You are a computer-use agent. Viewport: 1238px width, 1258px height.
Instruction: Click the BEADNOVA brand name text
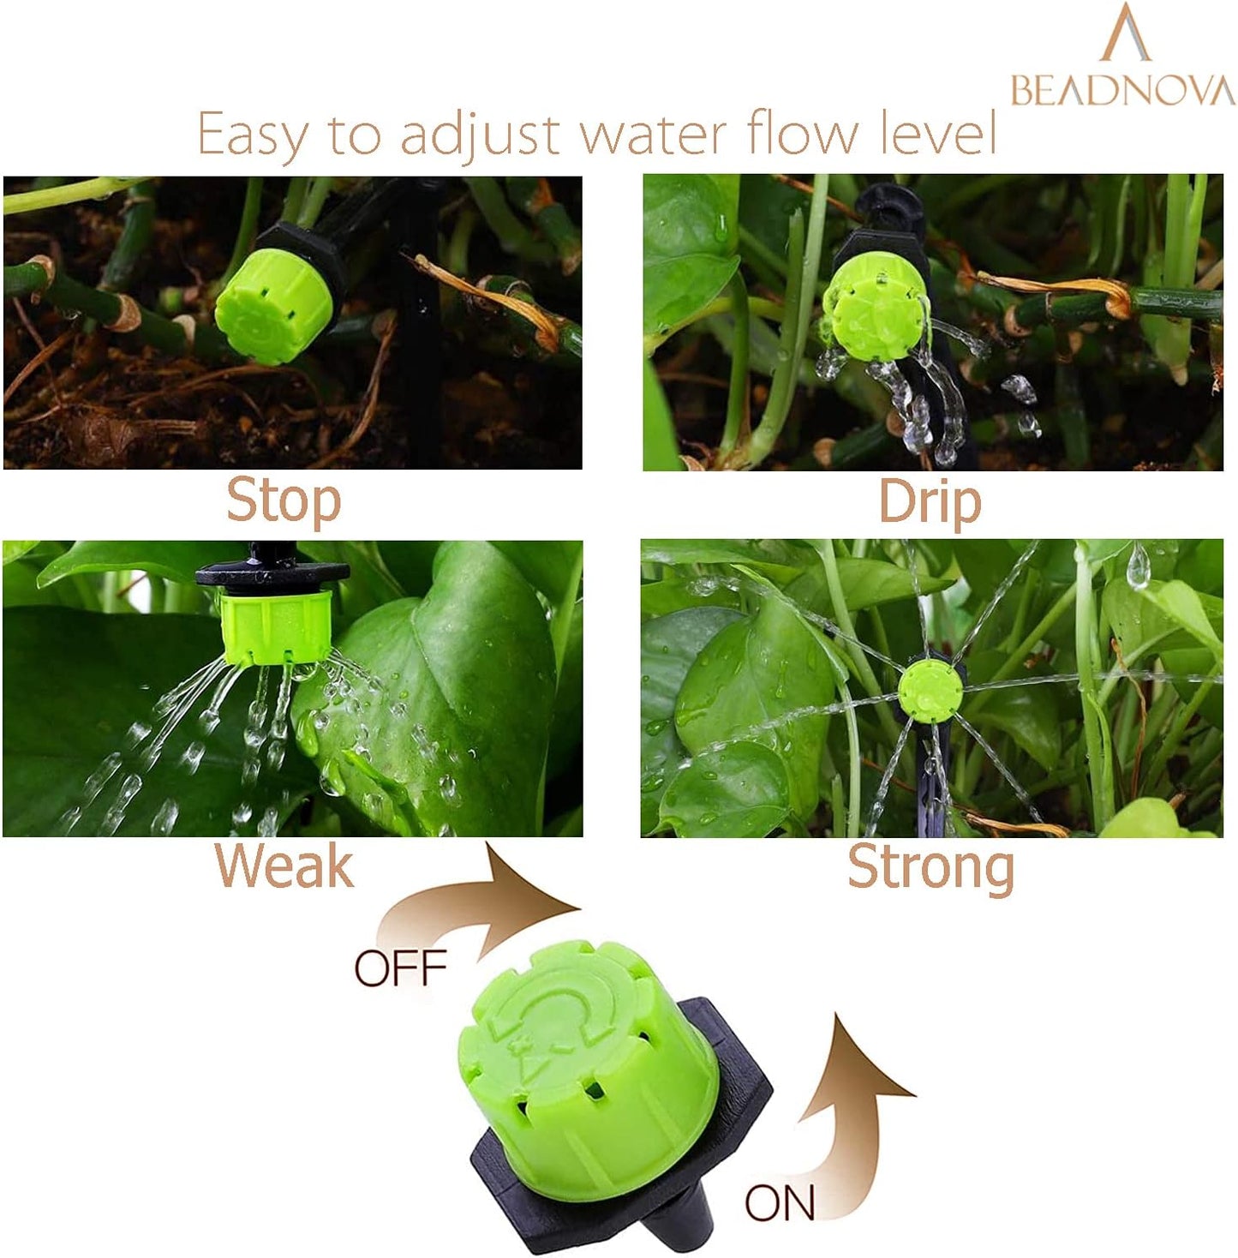coord(1122,90)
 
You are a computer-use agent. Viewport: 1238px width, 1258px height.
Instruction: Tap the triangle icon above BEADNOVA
coord(1125,34)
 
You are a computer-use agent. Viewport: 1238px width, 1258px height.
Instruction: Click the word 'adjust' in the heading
coord(481,135)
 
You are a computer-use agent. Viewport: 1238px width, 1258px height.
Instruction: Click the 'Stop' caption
coord(284,501)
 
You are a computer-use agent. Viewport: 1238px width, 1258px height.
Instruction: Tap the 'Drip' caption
coord(930,502)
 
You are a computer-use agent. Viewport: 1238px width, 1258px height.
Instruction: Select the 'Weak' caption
coord(284,866)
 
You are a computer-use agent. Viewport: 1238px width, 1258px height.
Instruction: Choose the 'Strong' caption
coord(930,868)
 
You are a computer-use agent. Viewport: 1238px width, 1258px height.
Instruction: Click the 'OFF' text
coord(401,968)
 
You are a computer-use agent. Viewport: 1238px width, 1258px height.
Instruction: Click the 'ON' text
coord(780,1203)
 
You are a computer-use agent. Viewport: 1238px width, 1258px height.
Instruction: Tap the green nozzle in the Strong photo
coord(930,687)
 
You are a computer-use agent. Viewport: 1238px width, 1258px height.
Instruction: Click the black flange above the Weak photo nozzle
coord(272,572)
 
